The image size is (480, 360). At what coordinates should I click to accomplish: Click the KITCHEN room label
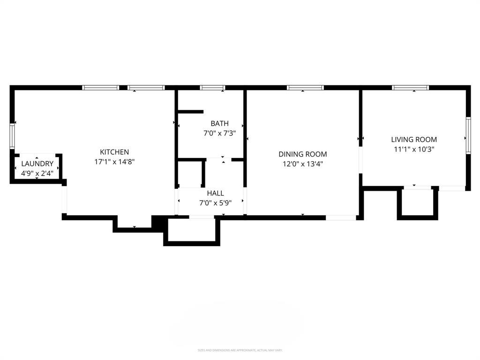[x=114, y=152]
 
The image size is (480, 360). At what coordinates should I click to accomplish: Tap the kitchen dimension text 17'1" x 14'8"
[x=114, y=162]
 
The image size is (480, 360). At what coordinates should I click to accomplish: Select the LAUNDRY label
[x=37, y=164]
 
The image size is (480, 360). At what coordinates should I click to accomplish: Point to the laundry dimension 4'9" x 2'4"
[x=37, y=173]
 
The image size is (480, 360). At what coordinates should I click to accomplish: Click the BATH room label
[x=219, y=123]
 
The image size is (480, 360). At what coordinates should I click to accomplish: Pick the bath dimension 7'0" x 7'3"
[x=219, y=133]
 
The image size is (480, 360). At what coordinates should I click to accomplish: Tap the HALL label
[x=216, y=193]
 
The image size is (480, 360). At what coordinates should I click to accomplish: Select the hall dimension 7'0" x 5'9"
[x=216, y=202]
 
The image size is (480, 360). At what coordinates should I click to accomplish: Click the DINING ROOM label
[x=303, y=154]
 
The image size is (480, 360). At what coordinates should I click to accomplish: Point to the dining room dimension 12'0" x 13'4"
[x=303, y=164]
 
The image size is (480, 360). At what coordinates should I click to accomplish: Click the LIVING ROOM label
[x=414, y=139]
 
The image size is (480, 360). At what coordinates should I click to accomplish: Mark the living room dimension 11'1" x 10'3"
[x=414, y=149]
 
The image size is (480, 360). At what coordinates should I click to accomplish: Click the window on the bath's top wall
[x=212, y=88]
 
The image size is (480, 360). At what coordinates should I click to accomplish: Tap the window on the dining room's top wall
[x=305, y=88]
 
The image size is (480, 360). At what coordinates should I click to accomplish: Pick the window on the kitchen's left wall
[x=13, y=136]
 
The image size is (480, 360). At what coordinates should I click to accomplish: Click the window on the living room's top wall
[x=411, y=88]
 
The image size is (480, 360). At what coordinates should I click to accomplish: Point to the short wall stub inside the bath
[x=190, y=112]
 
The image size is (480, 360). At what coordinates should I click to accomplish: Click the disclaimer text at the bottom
[x=240, y=350]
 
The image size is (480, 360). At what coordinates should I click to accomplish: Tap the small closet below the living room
[x=418, y=202]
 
